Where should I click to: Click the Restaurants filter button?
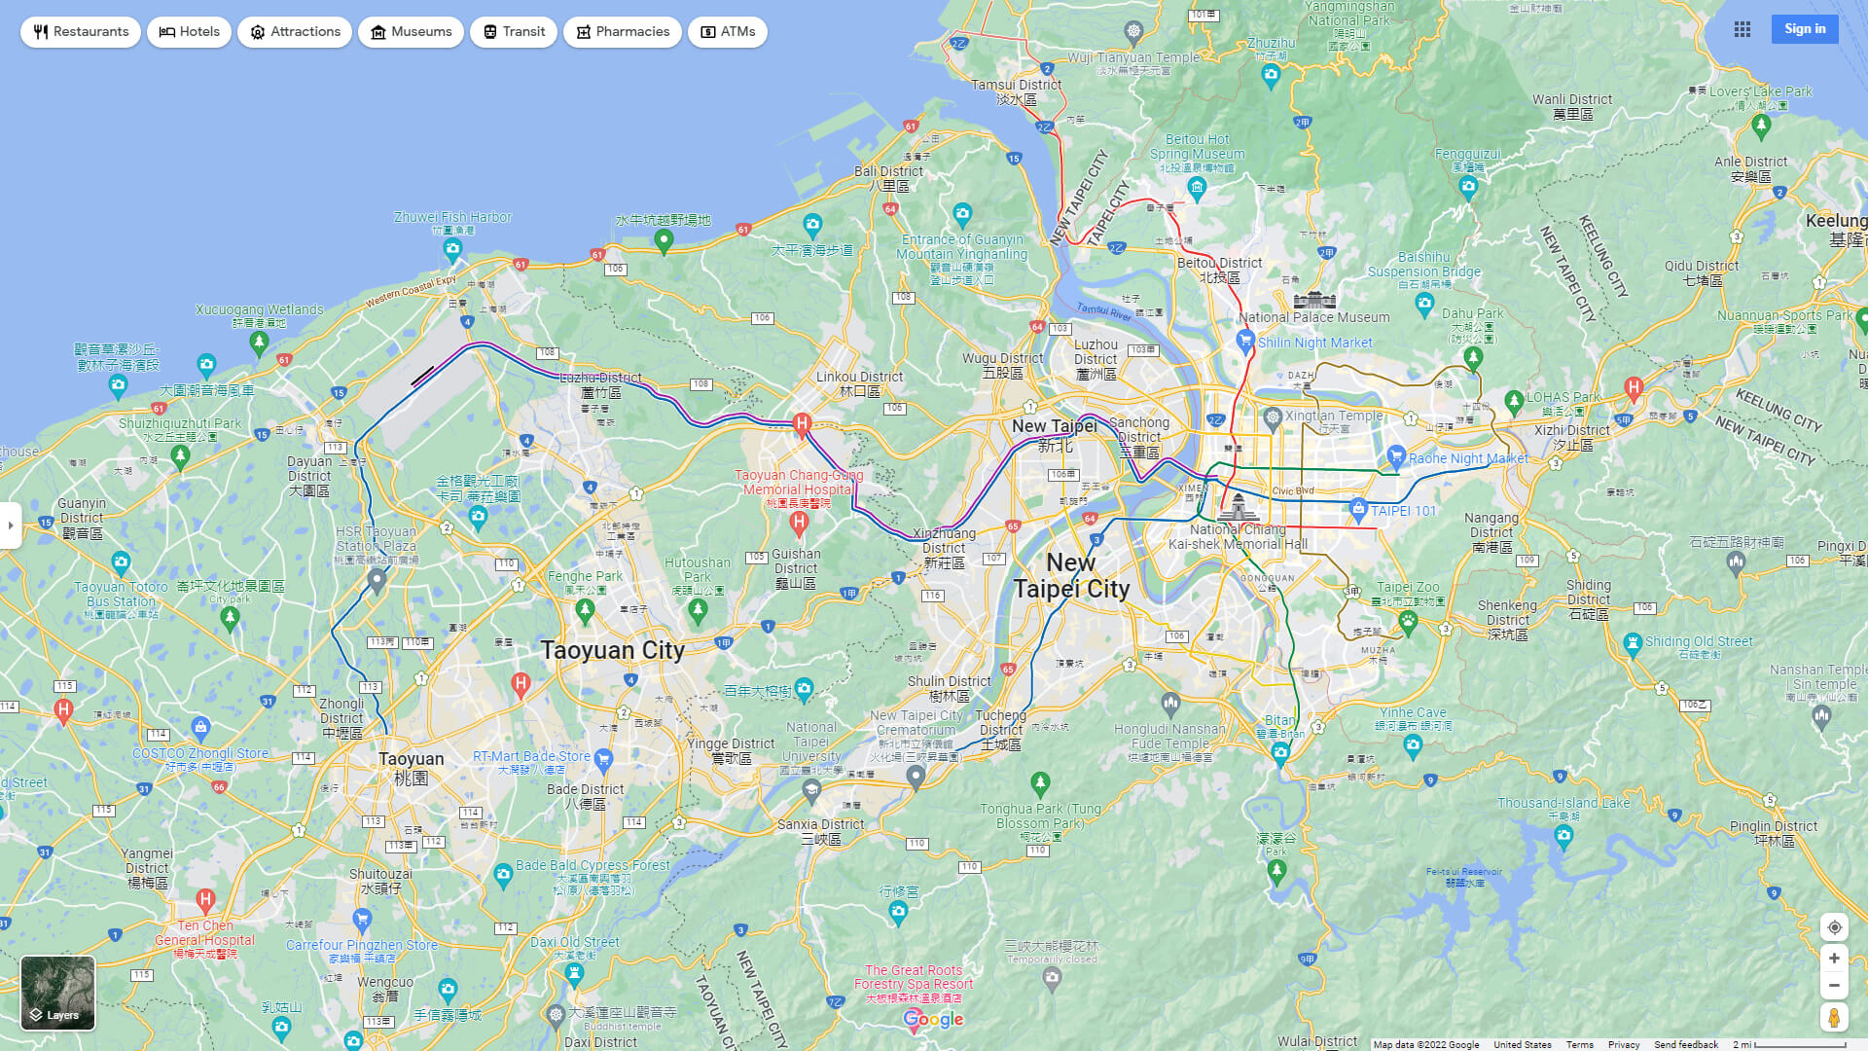(81, 32)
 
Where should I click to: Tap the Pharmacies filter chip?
(622, 32)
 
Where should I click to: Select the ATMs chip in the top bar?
(727, 32)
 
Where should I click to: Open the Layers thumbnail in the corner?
(58, 993)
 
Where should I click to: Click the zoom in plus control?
(1834, 959)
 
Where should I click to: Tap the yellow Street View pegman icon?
(1834, 1018)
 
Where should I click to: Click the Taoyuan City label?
(612, 650)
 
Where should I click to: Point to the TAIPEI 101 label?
(1403, 511)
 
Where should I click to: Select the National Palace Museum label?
(1313, 317)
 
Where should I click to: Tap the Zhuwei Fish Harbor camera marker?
(452, 249)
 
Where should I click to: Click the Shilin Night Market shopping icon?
(1245, 341)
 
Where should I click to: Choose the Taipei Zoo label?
(1407, 587)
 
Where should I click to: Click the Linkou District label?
(859, 378)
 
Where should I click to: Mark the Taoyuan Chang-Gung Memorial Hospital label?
(798, 483)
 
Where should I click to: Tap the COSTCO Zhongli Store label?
(200, 753)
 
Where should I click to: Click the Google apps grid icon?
(1742, 29)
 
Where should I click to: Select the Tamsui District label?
(1016, 86)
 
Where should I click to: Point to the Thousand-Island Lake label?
(1563, 803)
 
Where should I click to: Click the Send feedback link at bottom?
(1685, 1044)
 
